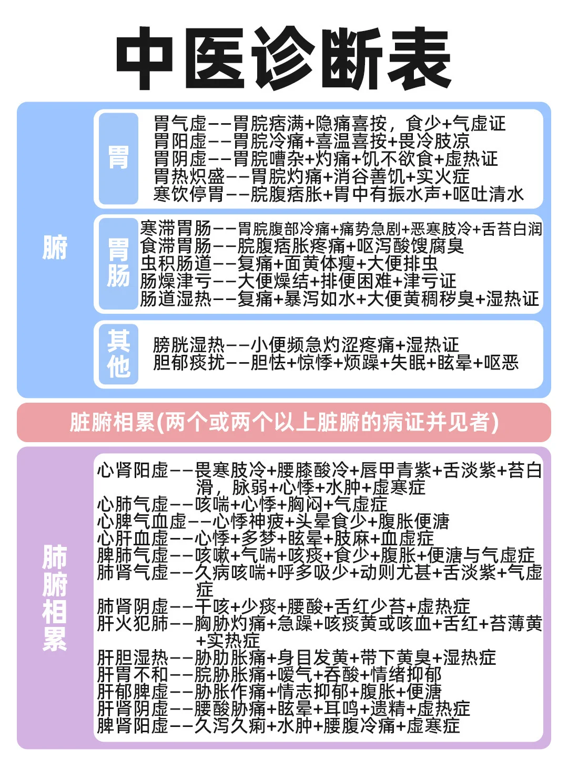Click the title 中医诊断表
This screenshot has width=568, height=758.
(x=283, y=58)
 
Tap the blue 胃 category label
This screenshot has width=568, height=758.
(x=118, y=158)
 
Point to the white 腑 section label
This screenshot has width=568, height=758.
(x=55, y=247)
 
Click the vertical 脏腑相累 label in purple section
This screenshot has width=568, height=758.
(x=55, y=598)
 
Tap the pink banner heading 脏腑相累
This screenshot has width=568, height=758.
(x=284, y=422)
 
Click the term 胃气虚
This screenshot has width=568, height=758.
(x=180, y=124)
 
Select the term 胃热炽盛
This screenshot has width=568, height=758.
(x=189, y=176)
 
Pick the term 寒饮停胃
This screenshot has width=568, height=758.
(x=189, y=194)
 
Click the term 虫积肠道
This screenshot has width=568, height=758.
(x=176, y=263)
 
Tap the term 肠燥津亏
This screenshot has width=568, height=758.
(x=176, y=281)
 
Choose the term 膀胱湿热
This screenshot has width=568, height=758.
(x=189, y=345)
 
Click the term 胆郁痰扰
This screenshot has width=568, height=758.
(x=189, y=363)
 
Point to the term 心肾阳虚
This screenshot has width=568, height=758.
(x=133, y=470)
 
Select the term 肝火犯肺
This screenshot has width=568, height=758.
(x=133, y=623)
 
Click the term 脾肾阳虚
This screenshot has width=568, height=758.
(x=133, y=726)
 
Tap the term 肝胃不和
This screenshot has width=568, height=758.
(x=133, y=674)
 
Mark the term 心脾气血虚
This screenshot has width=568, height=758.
(x=141, y=522)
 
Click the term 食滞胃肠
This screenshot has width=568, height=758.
(x=176, y=246)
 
